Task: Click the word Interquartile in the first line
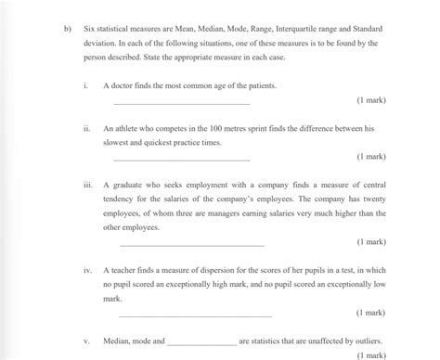click(291, 28)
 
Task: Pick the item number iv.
click(84, 270)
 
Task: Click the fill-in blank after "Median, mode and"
click(201, 342)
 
